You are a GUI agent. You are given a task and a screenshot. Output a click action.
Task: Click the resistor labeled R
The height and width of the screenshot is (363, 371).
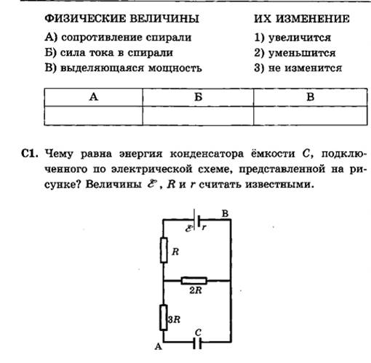coord(164,250)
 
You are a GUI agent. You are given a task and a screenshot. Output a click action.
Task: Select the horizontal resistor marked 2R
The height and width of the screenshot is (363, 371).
coord(194,281)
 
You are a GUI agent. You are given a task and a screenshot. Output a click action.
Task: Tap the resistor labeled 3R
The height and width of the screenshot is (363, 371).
coord(164,317)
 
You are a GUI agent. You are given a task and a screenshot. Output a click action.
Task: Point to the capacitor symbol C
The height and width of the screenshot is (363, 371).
coord(197,343)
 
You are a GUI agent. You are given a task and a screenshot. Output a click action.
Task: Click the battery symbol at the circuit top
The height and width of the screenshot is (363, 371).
coord(196,220)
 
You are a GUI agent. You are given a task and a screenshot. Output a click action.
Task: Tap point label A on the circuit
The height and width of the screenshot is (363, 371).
coord(158,347)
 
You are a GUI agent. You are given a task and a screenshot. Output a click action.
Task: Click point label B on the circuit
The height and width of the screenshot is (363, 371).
coord(225,213)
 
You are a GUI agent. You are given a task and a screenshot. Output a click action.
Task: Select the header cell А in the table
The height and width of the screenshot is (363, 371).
coord(94,97)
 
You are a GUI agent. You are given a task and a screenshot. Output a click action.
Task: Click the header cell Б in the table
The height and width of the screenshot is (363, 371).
coord(198,97)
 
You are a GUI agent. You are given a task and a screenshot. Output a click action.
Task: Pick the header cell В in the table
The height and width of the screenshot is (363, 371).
coord(311,97)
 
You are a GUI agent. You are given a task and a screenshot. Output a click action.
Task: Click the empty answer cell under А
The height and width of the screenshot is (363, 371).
coord(94,115)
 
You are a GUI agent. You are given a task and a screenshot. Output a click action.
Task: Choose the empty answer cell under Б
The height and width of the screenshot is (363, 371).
coord(198,115)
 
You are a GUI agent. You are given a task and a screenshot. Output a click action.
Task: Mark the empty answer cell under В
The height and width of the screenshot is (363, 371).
coord(311,115)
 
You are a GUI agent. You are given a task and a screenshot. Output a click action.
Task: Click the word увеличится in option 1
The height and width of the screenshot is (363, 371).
coord(300,38)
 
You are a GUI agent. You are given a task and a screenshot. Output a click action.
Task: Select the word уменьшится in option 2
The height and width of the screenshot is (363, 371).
coord(302,53)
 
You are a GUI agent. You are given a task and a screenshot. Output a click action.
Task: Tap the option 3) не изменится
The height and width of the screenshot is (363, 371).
coord(298,68)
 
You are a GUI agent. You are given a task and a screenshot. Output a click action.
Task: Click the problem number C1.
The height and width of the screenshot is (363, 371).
coord(30,154)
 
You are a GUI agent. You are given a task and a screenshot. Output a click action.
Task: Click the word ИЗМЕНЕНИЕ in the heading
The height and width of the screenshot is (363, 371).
coord(313,19)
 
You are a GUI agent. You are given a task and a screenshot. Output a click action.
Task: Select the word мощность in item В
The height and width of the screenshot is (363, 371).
coord(175,68)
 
